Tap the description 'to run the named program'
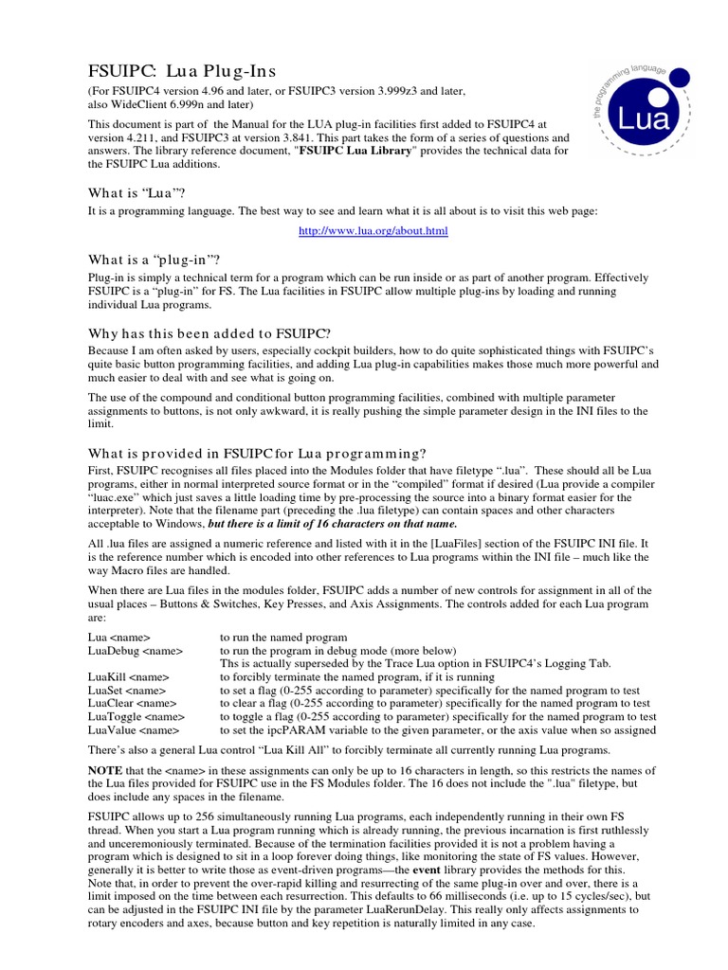click(x=283, y=638)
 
